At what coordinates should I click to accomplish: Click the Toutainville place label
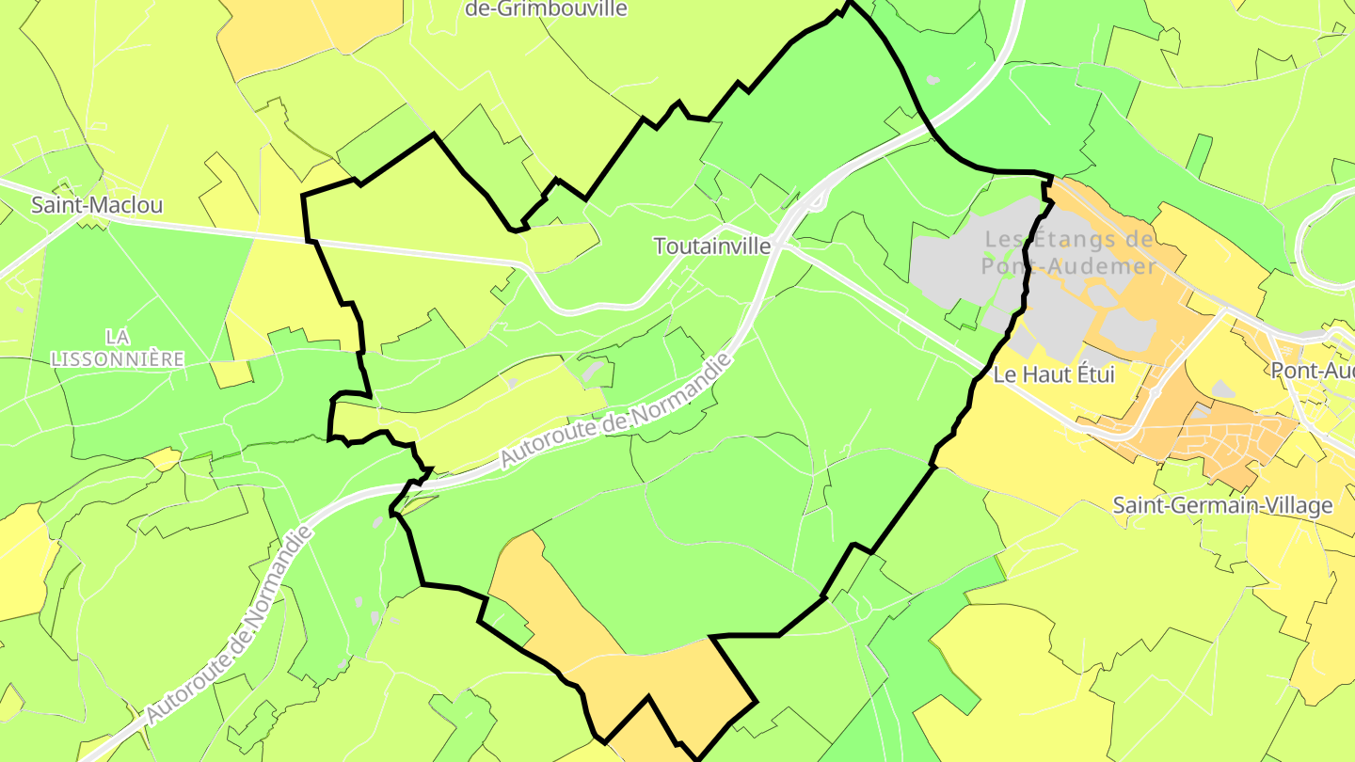tap(712, 246)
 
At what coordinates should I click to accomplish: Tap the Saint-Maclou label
tap(97, 204)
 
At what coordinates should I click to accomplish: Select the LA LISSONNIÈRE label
tap(118, 348)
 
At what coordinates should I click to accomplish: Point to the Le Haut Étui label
tap(1054, 374)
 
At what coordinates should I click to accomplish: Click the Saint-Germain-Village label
tap(1222, 505)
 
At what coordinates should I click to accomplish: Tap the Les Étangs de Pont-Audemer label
tap(1069, 252)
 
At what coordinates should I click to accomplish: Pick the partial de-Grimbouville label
tap(547, 9)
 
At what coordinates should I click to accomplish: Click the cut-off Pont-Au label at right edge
tap(1312, 371)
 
